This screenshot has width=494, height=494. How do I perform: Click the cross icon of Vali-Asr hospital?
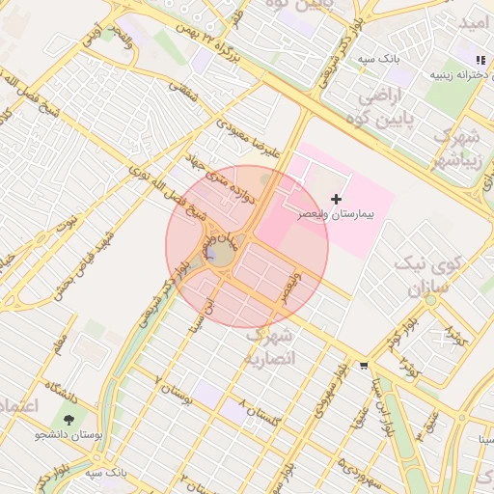tap(336, 198)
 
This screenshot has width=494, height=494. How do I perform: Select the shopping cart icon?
tap(363, 366)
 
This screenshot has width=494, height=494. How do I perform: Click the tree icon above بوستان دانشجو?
tap(69, 420)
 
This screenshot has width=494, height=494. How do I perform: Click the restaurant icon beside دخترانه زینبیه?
tap(480, 61)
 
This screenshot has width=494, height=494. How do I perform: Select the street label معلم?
tap(63, 343)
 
